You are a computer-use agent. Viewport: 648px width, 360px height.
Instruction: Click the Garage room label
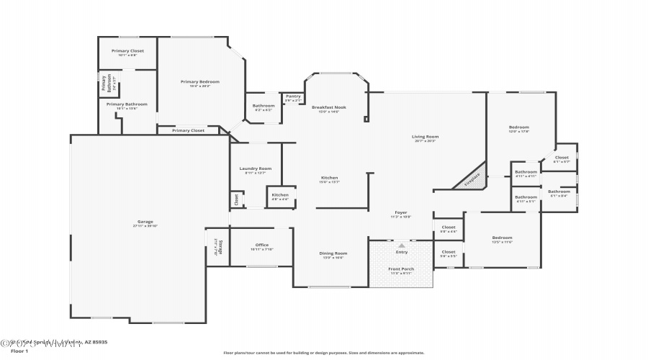click(145, 222)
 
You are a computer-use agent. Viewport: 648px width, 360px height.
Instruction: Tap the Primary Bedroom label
click(199, 82)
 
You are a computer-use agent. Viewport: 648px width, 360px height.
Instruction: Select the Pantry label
click(293, 96)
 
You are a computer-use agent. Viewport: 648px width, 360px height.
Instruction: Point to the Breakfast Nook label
click(329, 107)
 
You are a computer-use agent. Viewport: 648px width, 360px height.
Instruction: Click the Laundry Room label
click(256, 168)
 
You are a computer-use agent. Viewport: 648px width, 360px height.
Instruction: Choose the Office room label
click(261, 246)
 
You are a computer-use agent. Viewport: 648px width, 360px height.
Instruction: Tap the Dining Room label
click(333, 253)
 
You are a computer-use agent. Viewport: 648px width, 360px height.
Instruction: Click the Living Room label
click(426, 137)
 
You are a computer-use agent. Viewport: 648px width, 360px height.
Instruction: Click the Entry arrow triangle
click(402, 246)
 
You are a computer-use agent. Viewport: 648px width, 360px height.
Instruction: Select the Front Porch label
click(401, 269)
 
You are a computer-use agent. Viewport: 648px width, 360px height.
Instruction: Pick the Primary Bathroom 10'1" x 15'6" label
click(122, 104)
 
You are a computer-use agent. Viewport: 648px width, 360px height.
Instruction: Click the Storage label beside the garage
click(214, 248)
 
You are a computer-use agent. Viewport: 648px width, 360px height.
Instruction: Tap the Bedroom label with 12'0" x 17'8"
click(519, 127)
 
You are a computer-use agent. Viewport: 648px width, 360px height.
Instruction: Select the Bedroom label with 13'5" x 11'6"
click(502, 238)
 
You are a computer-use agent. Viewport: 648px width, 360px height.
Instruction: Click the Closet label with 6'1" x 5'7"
click(562, 158)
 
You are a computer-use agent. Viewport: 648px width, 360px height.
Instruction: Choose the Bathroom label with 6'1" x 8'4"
click(559, 192)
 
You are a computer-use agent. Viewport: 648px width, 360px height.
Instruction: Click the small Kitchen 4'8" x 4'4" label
click(280, 195)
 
